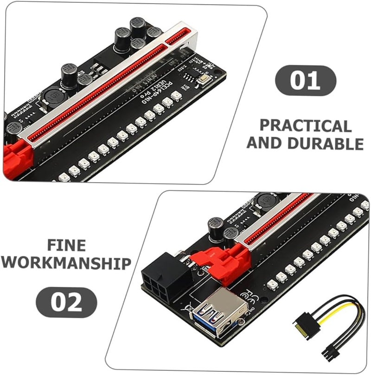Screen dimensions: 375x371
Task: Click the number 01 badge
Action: click(x=305, y=80)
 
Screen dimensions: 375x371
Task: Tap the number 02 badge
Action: click(x=66, y=302)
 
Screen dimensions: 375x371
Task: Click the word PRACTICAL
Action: click(x=305, y=126)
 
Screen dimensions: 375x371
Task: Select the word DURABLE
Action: click(x=325, y=143)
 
